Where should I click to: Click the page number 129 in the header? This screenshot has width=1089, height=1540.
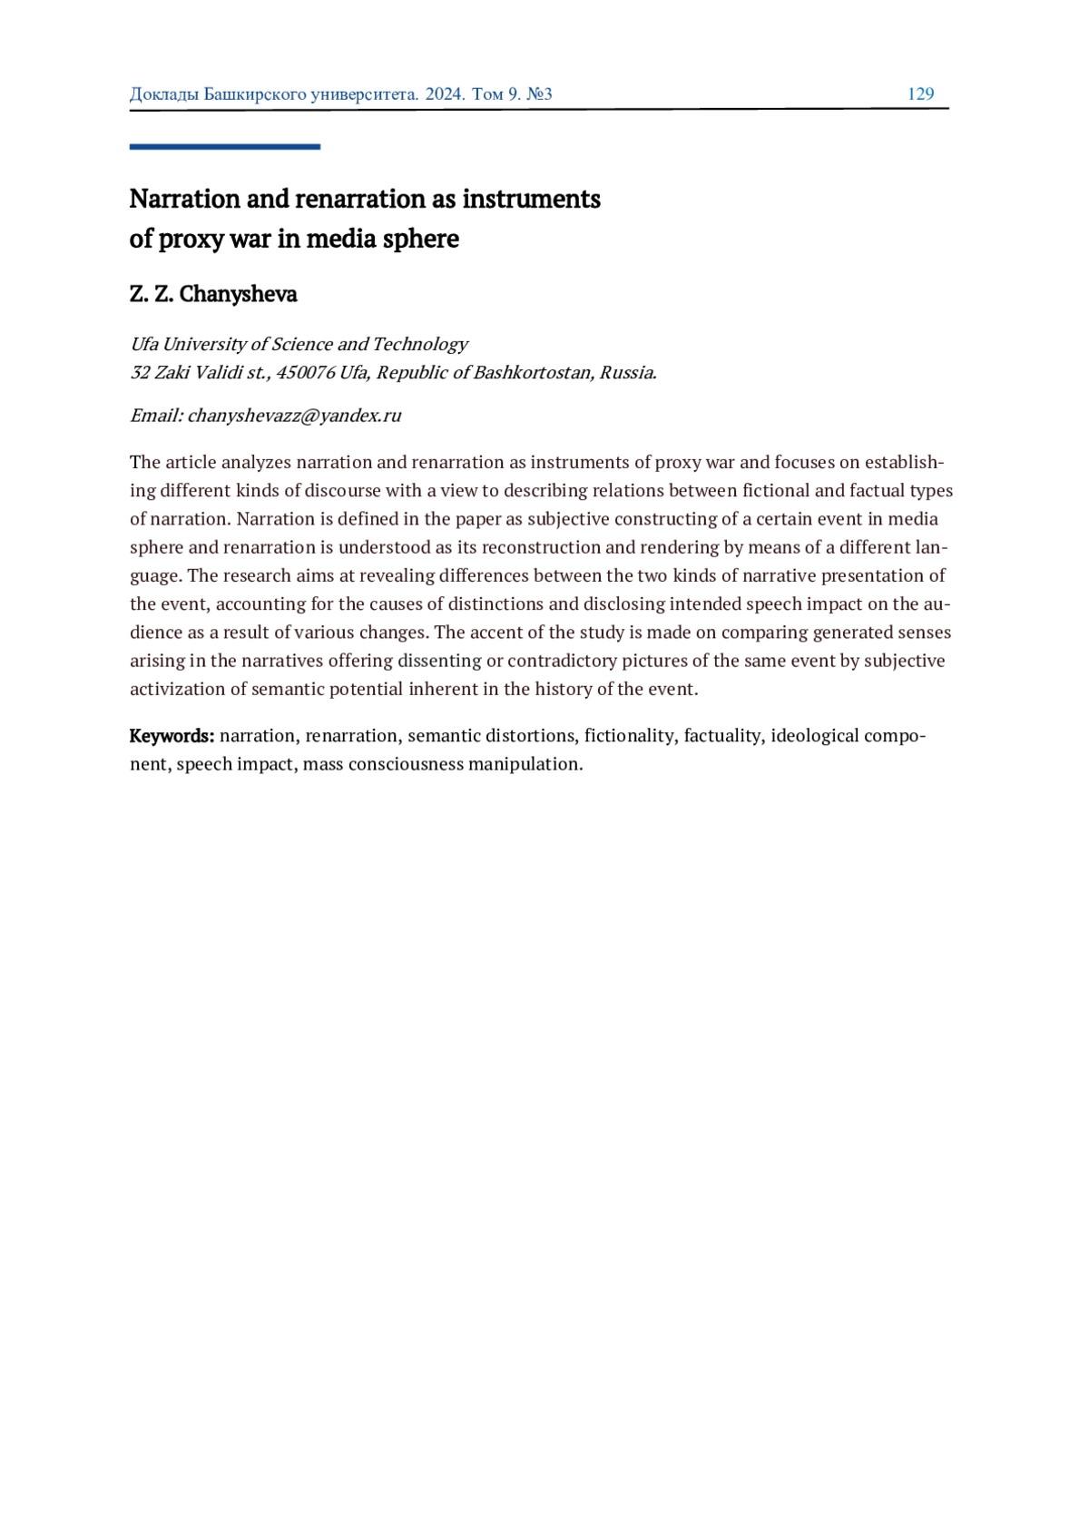pyautogui.click(x=920, y=93)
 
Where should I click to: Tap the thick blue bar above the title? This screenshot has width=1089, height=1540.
pyautogui.click(x=224, y=146)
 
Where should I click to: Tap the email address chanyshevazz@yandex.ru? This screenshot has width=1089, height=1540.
pyautogui.click(x=294, y=416)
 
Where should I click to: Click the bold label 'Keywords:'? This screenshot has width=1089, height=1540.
pyautogui.click(x=172, y=735)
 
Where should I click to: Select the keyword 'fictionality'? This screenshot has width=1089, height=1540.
pyautogui.click(x=629, y=735)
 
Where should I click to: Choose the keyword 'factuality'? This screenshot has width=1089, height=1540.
pyautogui.click(x=722, y=735)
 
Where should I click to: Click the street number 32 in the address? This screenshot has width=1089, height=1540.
pyautogui.click(x=140, y=372)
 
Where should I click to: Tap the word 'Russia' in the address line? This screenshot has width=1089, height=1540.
pyautogui.click(x=626, y=372)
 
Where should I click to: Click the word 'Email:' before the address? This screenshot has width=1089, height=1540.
pyautogui.click(x=156, y=416)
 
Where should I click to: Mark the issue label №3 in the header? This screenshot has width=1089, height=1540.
pyautogui.click(x=539, y=93)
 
